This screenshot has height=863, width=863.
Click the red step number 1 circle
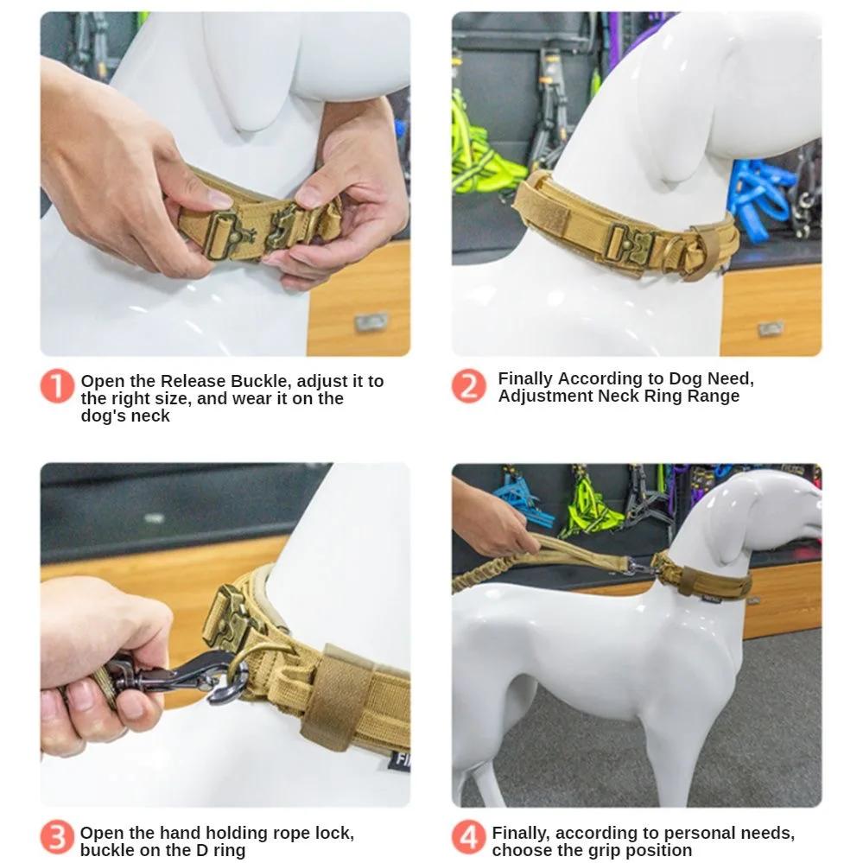click(x=57, y=386)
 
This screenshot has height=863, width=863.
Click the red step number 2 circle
click(x=468, y=386)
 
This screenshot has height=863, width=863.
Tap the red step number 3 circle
click(x=57, y=837)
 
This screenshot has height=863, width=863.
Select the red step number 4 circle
click(x=468, y=837)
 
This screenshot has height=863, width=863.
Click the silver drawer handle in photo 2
click(x=771, y=329)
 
